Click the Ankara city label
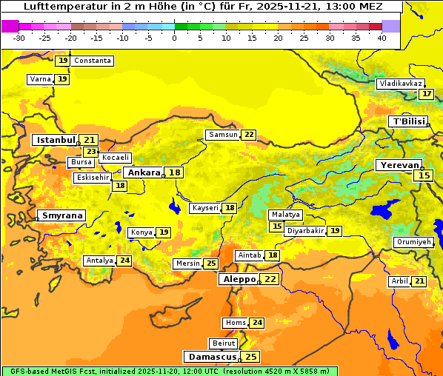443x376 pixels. tap(143, 172)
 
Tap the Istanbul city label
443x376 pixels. tap(56, 139)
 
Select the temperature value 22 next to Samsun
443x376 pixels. tap(248, 135)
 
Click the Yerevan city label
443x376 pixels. tap(399, 165)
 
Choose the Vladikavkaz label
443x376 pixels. tap(401, 84)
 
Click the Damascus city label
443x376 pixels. tap(211, 357)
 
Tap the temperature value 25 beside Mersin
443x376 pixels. tap(211, 263)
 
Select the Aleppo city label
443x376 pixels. tap(238, 279)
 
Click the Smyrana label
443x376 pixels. tap(61, 215)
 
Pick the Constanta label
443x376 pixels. tap(93, 61)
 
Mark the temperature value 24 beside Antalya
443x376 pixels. tap(124, 261)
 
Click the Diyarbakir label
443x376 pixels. tap(305, 231)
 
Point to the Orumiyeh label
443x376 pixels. tap(413, 242)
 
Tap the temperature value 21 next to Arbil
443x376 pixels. tap(419, 281)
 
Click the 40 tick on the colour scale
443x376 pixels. tap(382, 37)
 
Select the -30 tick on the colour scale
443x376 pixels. tap(19, 37)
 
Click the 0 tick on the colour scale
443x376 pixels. tap(174, 37)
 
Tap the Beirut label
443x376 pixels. tap(224, 343)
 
